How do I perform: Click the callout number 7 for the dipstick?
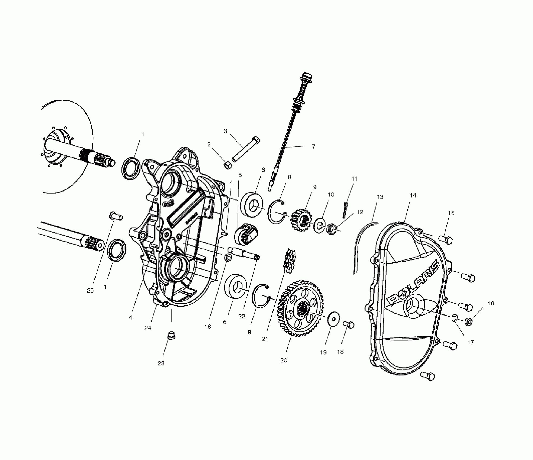[313, 147]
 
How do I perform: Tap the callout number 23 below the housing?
[161, 363]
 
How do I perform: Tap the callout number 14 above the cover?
[413, 195]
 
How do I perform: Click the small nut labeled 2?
[228, 165]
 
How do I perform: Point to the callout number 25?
[90, 290]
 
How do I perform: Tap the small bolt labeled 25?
[116, 216]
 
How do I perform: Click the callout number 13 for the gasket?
[380, 197]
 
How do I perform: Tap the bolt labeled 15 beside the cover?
[445, 239]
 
